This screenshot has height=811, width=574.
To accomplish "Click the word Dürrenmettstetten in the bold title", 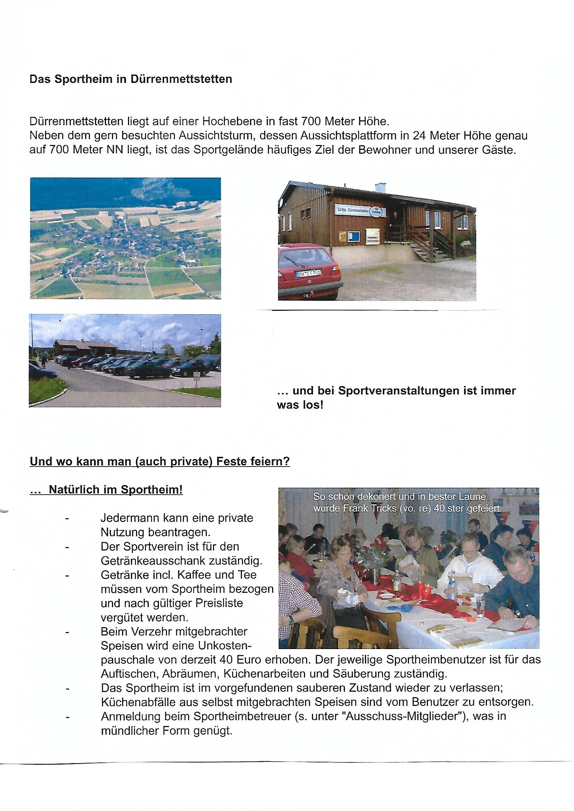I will coord(181,79).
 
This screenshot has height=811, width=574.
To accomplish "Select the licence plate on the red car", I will coord(309,273).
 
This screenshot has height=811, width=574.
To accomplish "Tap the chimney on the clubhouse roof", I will coord(380,187).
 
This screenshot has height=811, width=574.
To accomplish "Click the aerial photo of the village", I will coord(126,238).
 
